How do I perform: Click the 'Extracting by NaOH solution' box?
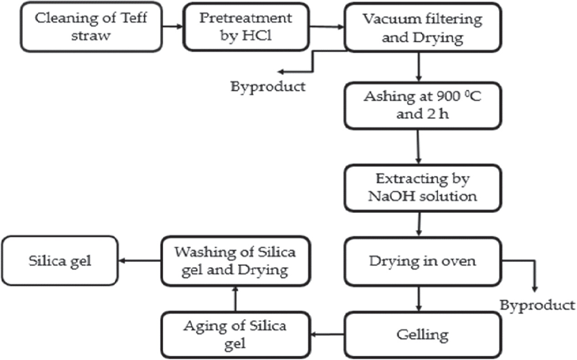(x=422, y=188)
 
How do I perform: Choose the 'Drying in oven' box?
(x=422, y=261)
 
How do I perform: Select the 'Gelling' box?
(x=422, y=335)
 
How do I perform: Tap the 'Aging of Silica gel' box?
(x=235, y=335)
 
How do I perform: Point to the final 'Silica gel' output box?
(x=59, y=261)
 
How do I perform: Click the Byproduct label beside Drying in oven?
(x=537, y=305)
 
